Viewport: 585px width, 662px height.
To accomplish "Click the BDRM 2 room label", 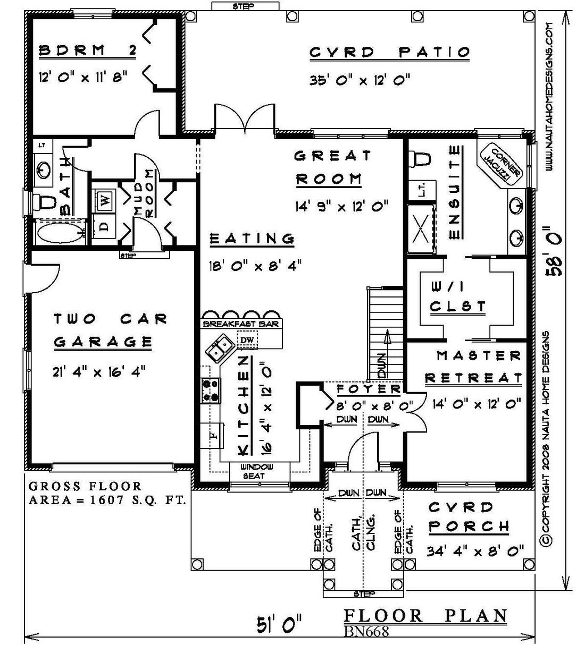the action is click(87, 50).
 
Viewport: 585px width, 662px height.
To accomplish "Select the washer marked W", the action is click(104, 200).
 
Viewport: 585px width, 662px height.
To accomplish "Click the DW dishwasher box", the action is click(247, 340).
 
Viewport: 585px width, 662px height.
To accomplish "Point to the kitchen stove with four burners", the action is click(211, 391).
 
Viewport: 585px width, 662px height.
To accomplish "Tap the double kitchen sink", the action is click(220, 349).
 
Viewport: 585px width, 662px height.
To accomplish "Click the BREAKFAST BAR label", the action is click(241, 324).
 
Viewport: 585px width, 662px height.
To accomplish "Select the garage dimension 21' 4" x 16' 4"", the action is click(99, 371).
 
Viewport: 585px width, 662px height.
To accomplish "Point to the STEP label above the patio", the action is click(244, 6).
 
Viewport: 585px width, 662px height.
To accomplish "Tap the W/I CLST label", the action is click(458, 296).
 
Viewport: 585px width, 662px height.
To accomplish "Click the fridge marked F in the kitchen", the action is click(213, 435).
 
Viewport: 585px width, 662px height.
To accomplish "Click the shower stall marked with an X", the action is click(421, 229).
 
